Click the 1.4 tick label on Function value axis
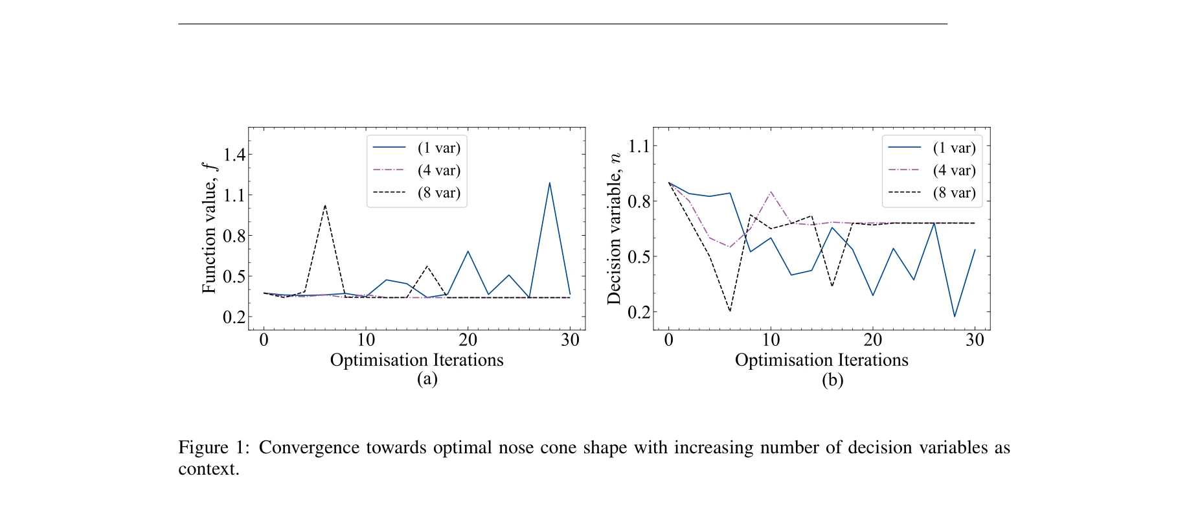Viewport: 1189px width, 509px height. [x=234, y=154]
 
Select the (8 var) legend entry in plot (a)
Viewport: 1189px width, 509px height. [x=438, y=193]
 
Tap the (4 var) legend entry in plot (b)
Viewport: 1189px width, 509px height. [x=954, y=170]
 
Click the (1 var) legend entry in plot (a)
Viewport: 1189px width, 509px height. [x=438, y=148]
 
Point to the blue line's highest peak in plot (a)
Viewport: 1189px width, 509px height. [x=550, y=183]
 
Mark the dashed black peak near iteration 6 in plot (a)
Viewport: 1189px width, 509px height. [x=324, y=205]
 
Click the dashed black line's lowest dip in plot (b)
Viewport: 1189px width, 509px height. [x=730, y=311]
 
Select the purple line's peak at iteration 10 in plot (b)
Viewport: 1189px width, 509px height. [x=771, y=192]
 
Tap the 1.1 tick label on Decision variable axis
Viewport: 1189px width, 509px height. [x=639, y=146]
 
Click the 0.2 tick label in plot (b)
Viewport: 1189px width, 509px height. [x=639, y=312]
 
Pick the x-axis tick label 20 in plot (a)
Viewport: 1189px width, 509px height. [x=468, y=340]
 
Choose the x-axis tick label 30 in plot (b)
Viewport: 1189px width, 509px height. [x=975, y=340]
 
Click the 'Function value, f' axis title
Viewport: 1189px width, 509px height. [x=209, y=228]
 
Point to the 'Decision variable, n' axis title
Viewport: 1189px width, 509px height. [x=613, y=229]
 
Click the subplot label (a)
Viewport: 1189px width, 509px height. [x=427, y=379]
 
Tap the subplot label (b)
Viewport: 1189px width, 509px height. [x=832, y=379]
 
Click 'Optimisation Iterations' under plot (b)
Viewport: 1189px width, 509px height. [x=821, y=360]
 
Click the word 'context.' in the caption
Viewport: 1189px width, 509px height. [x=209, y=469]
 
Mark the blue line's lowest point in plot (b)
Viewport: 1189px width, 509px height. [x=955, y=317]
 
